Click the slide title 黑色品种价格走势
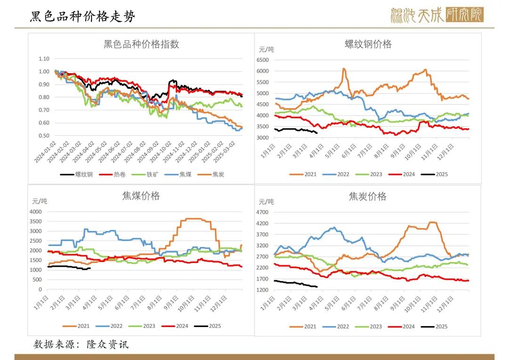[x=82, y=17]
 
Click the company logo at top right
[x=436, y=16]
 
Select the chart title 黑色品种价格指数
[x=141, y=45]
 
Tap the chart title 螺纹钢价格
[x=368, y=44]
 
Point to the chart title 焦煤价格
[x=141, y=196]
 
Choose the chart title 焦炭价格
[x=368, y=196]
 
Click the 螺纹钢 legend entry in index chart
[x=77, y=174]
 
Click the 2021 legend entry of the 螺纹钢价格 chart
[x=304, y=174]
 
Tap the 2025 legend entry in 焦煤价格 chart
[x=208, y=326]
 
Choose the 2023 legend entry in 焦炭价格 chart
[x=370, y=327]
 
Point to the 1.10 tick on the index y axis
[x=44, y=59]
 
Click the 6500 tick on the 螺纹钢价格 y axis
[x=262, y=60]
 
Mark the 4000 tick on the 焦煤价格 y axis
[x=35, y=212]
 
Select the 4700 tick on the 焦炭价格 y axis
[x=262, y=213]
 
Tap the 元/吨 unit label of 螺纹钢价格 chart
[x=266, y=49]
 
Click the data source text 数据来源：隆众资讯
[x=81, y=344]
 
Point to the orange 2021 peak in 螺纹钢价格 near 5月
[x=344, y=69]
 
